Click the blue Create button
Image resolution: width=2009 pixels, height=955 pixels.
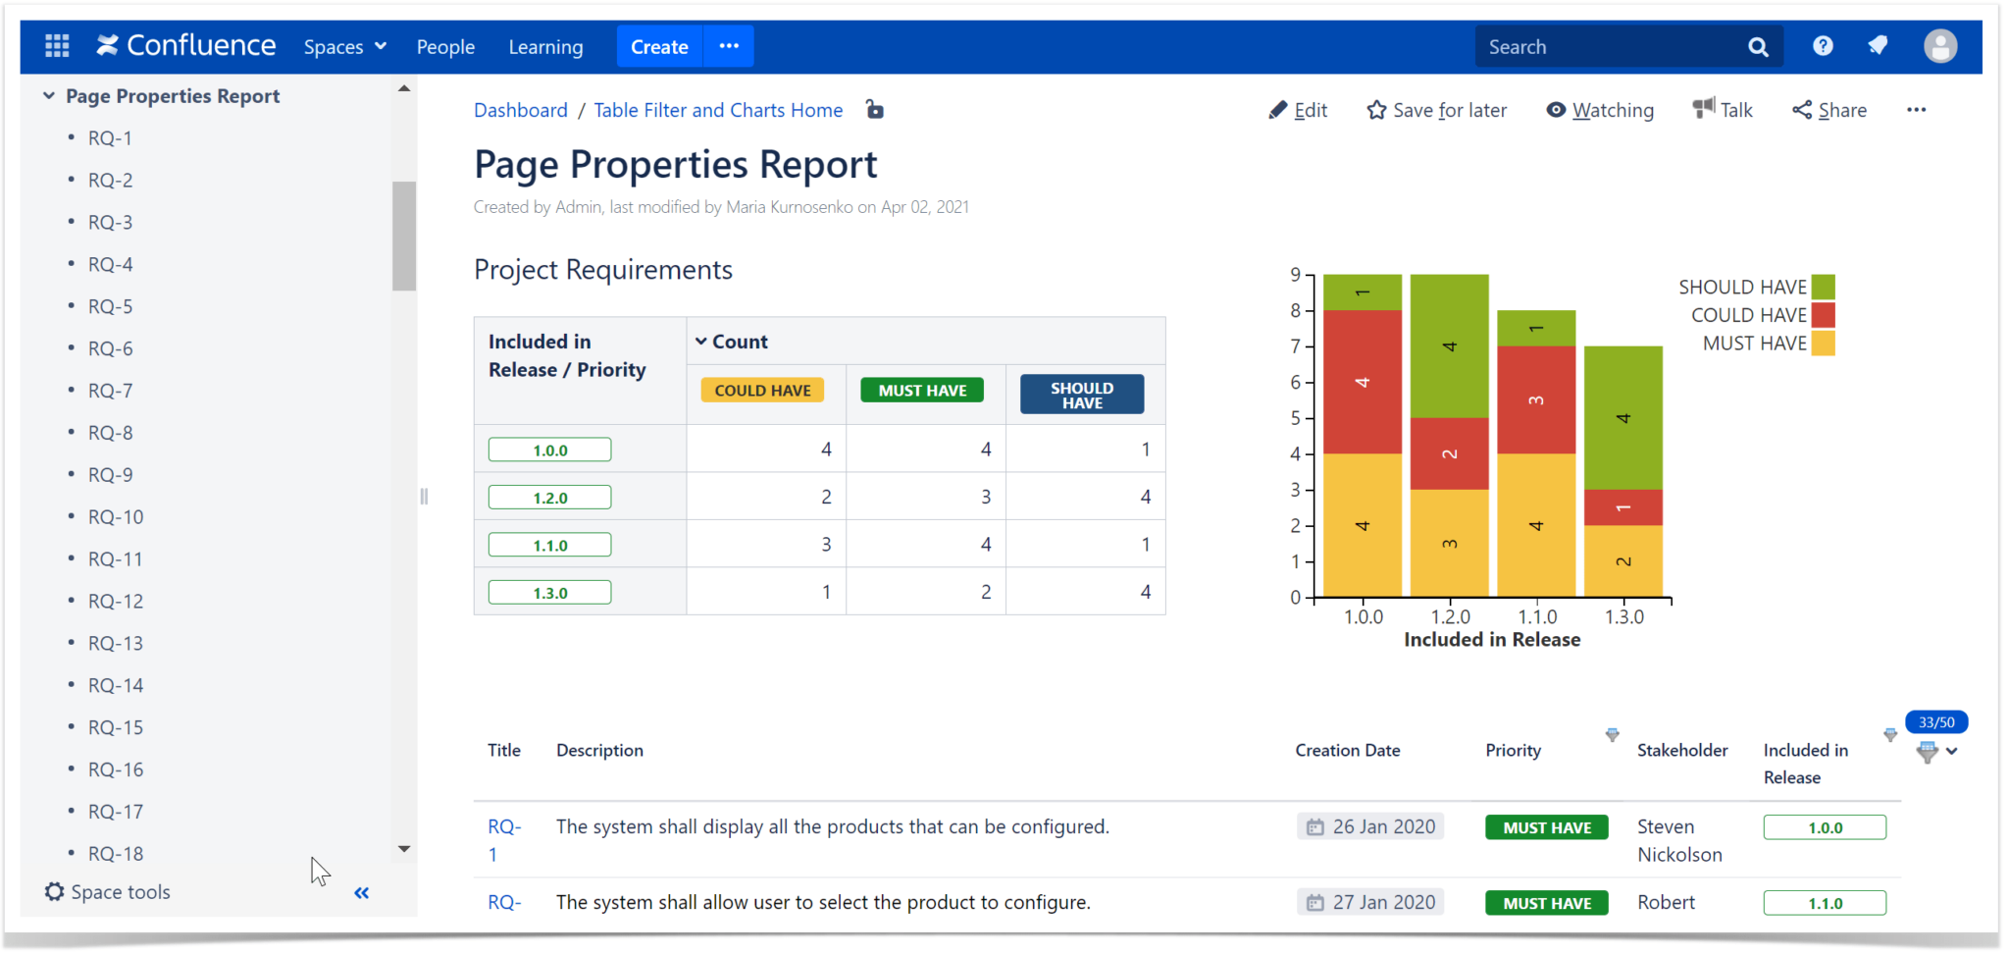coord(659,46)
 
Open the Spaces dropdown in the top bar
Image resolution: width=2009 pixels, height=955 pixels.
coord(344,46)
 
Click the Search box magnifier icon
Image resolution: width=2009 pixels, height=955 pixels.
coord(1758,46)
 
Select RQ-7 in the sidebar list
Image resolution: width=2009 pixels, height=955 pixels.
coord(110,391)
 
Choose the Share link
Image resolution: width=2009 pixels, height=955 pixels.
coord(1829,110)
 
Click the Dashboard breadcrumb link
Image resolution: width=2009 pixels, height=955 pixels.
coord(520,110)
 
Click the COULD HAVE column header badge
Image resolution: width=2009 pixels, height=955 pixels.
coord(762,390)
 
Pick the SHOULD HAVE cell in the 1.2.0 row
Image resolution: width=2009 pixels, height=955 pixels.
coord(1086,497)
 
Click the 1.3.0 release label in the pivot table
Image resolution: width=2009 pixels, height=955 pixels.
coord(549,593)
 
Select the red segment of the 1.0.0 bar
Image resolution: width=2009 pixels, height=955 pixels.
coord(1362,382)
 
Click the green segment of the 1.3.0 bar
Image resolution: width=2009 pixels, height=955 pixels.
coord(1623,417)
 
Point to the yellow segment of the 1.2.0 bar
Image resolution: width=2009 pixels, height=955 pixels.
coord(1449,543)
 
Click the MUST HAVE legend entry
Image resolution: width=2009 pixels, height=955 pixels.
coord(1756,343)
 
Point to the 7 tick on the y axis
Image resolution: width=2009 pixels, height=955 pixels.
coord(1295,345)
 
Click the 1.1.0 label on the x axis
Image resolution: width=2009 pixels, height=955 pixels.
coord(1537,616)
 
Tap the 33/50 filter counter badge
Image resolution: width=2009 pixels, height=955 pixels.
coord(1935,722)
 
